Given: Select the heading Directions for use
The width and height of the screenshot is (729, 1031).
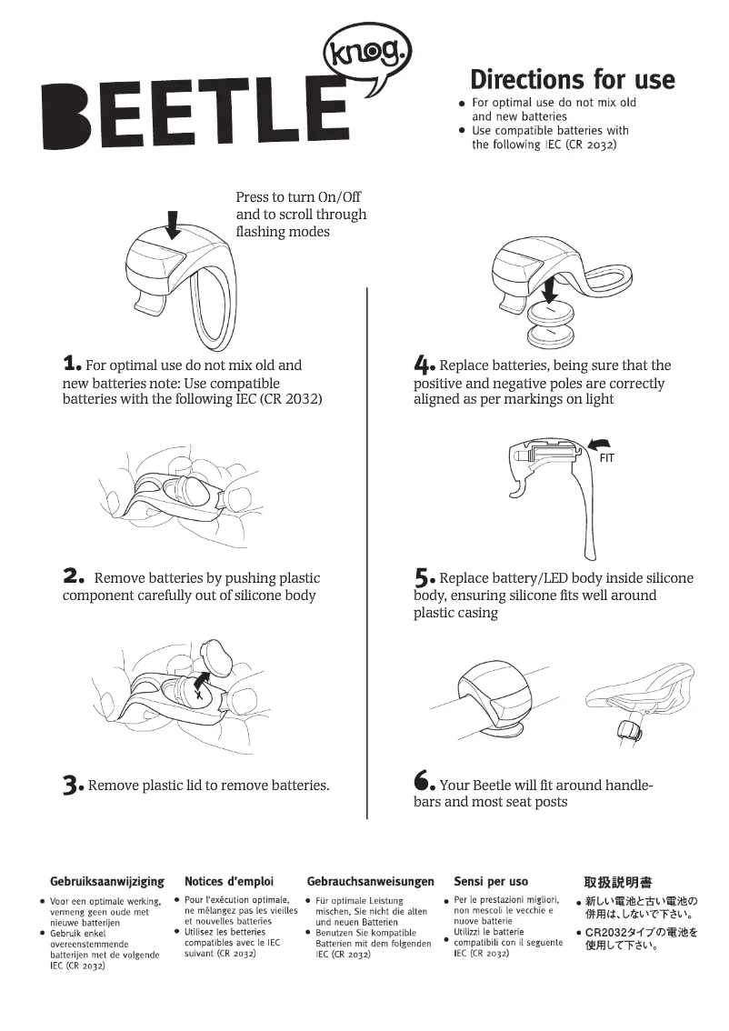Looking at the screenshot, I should [x=572, y=80].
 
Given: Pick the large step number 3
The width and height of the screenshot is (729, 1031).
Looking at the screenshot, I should [x=73, y=785].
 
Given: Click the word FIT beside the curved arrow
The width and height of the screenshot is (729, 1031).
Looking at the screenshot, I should [x=607, y=458].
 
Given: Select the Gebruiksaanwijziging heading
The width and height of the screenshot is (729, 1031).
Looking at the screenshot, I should [x=106, y=881].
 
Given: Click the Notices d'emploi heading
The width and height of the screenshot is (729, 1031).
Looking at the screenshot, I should [x=229, y=881].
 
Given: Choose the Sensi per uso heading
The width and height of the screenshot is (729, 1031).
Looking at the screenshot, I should [x=491, y=881].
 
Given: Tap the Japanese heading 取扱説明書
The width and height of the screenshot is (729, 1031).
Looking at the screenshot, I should [x=617, y=882].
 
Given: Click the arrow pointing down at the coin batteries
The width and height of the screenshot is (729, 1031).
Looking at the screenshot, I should [x=548, y=290].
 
